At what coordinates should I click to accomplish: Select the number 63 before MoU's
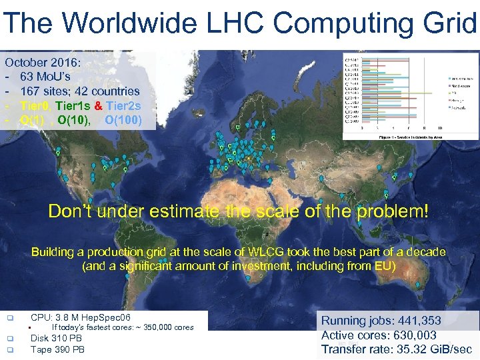point(27,77)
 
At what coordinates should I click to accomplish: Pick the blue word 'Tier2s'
point(123,106)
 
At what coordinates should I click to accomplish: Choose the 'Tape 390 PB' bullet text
point(57,349)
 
